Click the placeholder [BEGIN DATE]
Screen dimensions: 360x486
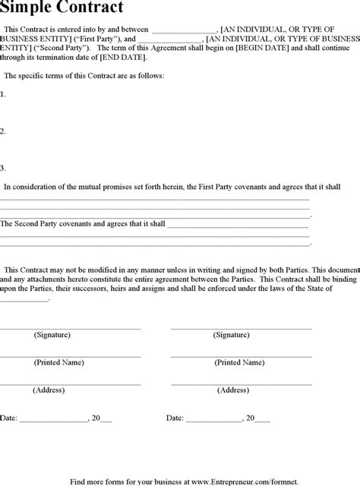point(262,47)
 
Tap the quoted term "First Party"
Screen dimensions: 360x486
point(93,37)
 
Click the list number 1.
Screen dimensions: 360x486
point(3,95)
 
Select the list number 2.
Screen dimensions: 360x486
point(3,131)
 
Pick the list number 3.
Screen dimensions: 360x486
point(3,168)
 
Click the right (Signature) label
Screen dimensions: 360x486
point(232,334)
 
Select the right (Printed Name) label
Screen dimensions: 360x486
point(238,362)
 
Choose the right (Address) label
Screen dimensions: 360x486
point(233,390)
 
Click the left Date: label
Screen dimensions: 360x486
point(8,418)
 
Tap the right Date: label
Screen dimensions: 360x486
point(175,418)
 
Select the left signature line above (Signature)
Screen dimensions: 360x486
point(70,327)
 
